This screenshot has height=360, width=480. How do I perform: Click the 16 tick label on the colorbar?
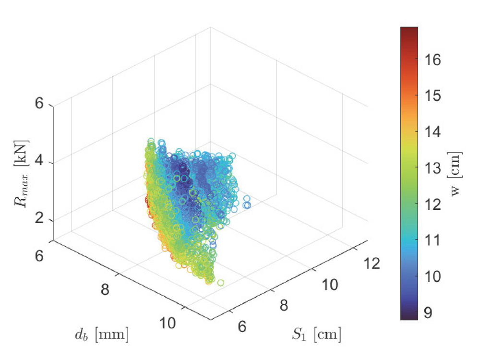[433, 60]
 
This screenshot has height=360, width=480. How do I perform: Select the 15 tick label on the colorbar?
[433, 96]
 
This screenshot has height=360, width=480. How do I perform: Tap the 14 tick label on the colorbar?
[433, 132]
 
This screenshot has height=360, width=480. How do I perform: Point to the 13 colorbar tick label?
[433, 168]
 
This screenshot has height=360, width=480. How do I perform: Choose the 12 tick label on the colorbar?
[433, 204]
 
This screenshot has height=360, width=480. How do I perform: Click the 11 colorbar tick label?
[433, 240]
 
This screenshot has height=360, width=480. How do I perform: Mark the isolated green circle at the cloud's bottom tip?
[220, 283]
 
